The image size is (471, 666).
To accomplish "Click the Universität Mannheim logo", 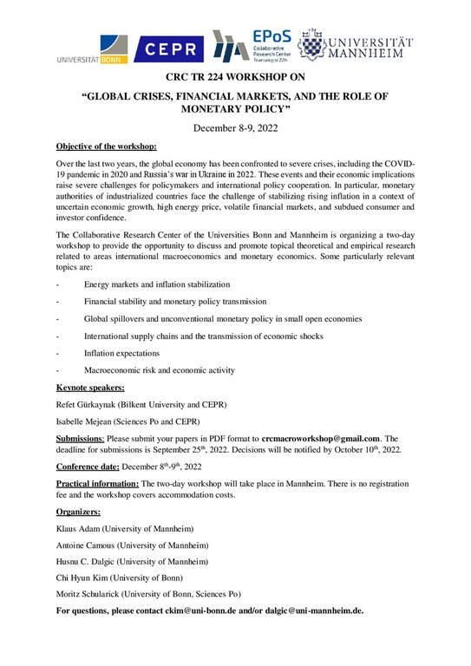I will pyautogui.click(x=357, y=49).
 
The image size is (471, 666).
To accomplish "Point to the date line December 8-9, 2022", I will pyautogui.click(x=235, y=128).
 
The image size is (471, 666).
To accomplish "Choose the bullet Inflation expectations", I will pyautogui.click(x=121, y=354).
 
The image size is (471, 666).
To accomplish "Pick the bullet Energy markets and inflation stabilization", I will pyautogui.click(x=157, y=284).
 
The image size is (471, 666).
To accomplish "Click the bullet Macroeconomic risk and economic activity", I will pyautogui.click(x=159, y=370).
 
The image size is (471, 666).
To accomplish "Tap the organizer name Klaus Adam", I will pyautogui.click(x=82, y=528).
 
